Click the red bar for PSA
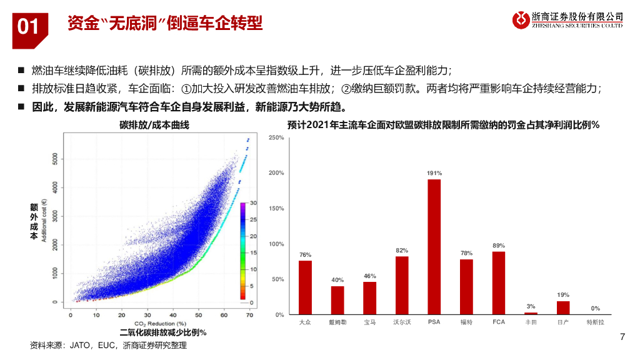click(x=434, y=247)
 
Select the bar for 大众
click(x=305, y=287)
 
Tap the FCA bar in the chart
click(x=498, y=283)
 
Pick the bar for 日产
click(x=563, y=307)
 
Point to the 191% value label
click(x=434, y=173)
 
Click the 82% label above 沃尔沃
click(x=402, y=250)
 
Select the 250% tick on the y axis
click(x=277, y=137)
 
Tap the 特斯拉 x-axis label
click(x=595, y=323)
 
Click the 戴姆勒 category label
click(x=337, y=323)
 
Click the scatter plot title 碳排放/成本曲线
click(x=154, y=125)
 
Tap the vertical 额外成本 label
click(x=34, y=221)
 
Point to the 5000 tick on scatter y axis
click(x=56, y=159)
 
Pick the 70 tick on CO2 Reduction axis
click(x=249, y=315)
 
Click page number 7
click(x=622, y=337)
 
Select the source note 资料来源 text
click(x=108, y=345)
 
